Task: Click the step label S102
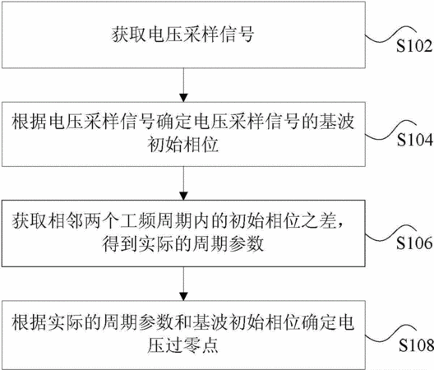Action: point(414,46)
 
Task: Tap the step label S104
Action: point(415,139)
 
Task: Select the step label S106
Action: point(414,243)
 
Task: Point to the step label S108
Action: point(416,345)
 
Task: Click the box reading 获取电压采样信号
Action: point(183,35)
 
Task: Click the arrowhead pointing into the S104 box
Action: point(183,98)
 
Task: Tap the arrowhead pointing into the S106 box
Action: point(183,196)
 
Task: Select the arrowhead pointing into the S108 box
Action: point(183,296)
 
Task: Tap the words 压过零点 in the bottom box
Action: point(183,345)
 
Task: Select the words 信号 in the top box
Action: point(237,35)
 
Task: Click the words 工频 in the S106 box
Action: point(137,220)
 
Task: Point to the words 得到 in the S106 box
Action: point(120,243)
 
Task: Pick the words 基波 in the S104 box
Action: point(337,122)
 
